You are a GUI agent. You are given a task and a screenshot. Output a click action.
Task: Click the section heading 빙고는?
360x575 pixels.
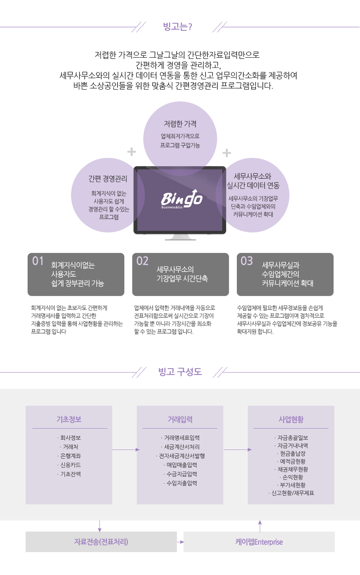[x=178, y=27]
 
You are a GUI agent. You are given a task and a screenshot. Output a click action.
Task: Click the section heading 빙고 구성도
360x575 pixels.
[x=180, y=372]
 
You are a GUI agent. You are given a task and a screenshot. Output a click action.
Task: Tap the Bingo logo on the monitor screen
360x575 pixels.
[x=182, y=199]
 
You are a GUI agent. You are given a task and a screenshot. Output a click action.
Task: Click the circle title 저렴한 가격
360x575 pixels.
[x=180, y=124]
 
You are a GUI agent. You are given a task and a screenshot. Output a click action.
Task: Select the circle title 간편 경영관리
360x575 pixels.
[x=108, y=179]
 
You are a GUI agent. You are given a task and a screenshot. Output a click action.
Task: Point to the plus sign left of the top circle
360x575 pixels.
[x=131, y=152]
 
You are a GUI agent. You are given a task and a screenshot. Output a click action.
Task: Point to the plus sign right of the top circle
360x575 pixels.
[x=227, y=153]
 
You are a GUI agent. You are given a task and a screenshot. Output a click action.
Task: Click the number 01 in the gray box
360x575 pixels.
[x=38, y=261]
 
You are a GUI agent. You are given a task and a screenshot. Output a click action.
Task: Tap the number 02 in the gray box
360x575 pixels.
[x=142, y=261]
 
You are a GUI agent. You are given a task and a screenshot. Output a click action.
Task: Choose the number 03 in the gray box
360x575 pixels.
[x=247, y=261]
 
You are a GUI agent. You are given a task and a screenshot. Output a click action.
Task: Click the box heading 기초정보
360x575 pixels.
[x=69, y=419]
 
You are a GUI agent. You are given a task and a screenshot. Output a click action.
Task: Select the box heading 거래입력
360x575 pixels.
[x=180, y=419]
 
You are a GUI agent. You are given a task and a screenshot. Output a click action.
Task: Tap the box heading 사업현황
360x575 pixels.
[x=291, y=419]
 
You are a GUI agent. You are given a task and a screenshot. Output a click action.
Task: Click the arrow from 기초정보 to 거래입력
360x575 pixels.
[x=126, y=449]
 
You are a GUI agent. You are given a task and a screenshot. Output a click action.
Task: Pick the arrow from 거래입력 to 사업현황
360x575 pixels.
[x=238, y=449]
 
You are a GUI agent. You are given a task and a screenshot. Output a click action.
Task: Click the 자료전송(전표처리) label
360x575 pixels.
[x=101, y=542]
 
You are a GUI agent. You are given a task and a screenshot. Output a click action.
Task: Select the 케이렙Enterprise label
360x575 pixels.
[x=259, y=542]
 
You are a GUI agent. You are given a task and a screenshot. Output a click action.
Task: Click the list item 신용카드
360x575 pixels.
[x=69, y=465]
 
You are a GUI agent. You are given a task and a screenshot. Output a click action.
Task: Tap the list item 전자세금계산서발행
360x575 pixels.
[x=180, y=456]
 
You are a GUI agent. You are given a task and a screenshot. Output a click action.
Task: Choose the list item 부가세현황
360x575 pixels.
[x=291, y=485]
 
